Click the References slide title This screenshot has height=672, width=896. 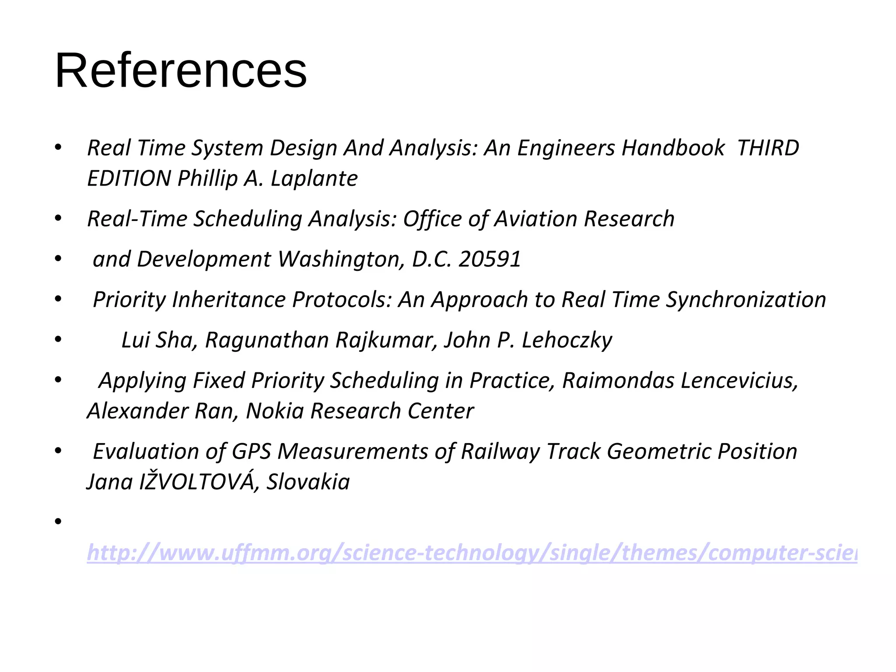coord(181,71)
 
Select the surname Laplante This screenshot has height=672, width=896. coord(314,178)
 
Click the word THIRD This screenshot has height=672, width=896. coord(768,148)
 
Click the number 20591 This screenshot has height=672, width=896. coord(490,259)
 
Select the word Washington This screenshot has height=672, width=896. coord(341,259)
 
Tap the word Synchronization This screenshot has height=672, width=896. coord(746,300)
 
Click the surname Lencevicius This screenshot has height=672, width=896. coord(680,380)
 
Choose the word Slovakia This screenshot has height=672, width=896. coord(308,482)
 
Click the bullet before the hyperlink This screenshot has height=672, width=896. coord(58,521)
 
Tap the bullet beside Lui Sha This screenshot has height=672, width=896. coord(58,340)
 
